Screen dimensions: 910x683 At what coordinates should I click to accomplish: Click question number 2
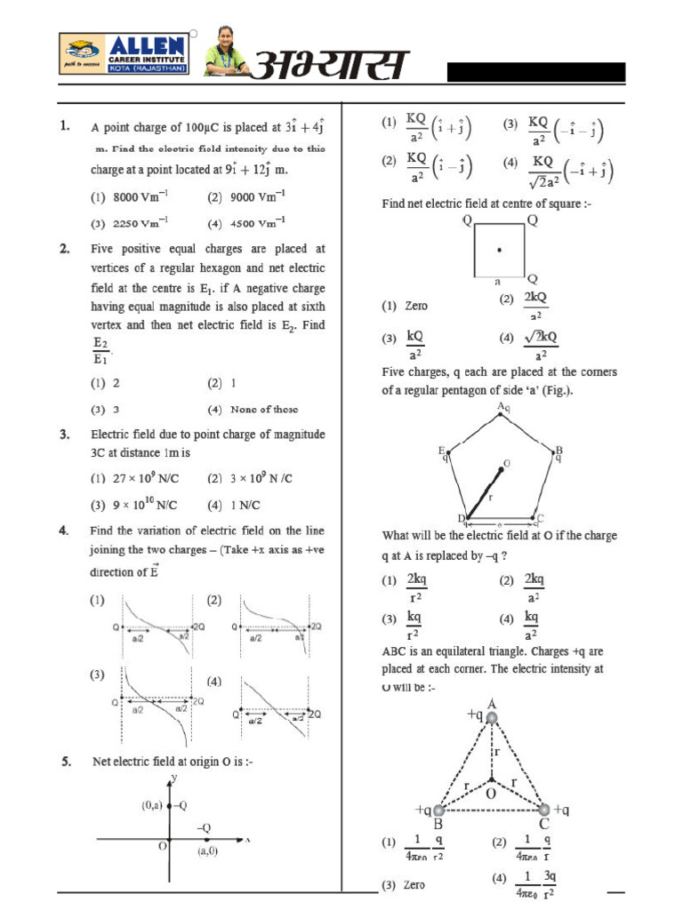pos(65,249)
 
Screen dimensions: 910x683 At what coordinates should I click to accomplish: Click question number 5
pos(65,762)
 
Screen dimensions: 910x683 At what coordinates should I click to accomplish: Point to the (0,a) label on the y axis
pos(150,805)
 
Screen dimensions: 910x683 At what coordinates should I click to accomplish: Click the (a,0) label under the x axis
pos(208,851)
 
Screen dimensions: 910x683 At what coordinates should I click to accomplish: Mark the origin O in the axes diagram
pos(163,846)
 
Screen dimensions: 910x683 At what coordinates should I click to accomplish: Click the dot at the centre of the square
pos(500,250)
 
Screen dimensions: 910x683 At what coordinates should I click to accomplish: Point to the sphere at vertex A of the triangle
pos(492,716)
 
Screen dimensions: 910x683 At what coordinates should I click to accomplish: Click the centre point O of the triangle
pos(491,780)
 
